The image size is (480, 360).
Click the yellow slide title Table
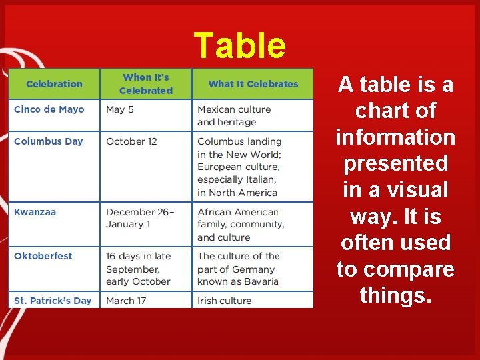[239, 46]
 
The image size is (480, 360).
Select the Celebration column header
[54, 84]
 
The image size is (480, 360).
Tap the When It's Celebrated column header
[146, 84]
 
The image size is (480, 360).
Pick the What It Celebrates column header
[253, 84]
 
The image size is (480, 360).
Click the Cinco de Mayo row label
[49, 109]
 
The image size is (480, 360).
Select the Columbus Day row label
[48, 141]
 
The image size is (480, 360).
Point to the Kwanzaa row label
[35, 212]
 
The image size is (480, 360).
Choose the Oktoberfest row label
[43, 256]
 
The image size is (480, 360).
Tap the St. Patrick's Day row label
[53, 301]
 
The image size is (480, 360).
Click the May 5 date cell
[119, 109]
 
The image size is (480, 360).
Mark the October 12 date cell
[131, 141]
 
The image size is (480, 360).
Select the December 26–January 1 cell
[139, 218]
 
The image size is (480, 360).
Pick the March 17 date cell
[125, 301]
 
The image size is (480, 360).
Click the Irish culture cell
[224, 301]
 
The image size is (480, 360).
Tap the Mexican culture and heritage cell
[233, 115]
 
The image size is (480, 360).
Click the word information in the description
[395, 137]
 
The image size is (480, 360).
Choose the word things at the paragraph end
[395, 295]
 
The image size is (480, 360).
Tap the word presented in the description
[395, 163]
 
